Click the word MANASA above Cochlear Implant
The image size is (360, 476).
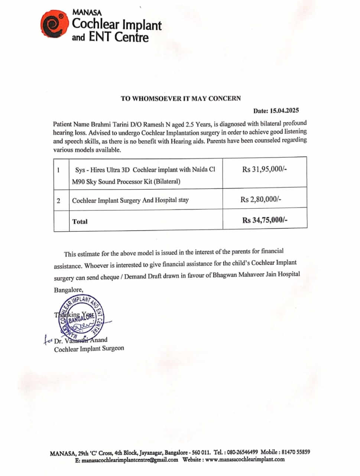(x=87, y=12)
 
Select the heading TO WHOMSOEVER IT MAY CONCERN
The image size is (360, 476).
(x=181, y=99)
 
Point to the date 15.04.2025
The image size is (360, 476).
(x=285, y=110)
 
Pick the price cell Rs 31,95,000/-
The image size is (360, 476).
(x=265, y=169)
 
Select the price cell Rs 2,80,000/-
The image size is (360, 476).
(x=261, y=199)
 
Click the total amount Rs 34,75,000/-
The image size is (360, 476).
(x=265, y=220)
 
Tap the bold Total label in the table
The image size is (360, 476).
(x=80, y=222)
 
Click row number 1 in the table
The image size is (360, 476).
(x=59, y=170)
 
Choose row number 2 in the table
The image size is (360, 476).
(x=59, y=201)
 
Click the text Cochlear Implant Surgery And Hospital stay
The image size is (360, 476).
(x=130, y=200)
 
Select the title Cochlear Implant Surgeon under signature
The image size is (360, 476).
(x=89, y=349)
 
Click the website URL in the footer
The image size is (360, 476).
(x=245, y=460)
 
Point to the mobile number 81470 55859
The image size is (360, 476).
(x=296, y=452)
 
